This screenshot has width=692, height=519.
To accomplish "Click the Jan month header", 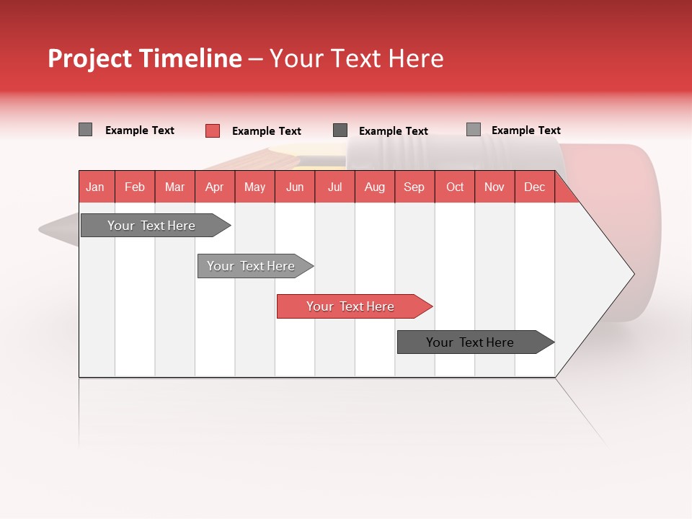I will pos(96,187).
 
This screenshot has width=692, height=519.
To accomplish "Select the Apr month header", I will pos(215,187).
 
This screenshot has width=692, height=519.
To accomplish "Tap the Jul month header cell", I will pos(334,187).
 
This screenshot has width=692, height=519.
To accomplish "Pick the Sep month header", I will pos(414,187).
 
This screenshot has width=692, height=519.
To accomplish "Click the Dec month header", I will pos(534,187).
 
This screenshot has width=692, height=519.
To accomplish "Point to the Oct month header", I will pos(455,187).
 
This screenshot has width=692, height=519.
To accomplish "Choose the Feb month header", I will pos(135,187).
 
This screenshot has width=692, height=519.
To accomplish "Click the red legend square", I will pos(212,130).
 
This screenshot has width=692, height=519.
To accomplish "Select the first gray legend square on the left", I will pos(85,130).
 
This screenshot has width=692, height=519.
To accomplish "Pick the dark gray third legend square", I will pos(340,130).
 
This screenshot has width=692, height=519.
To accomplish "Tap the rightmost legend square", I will pos(473,130).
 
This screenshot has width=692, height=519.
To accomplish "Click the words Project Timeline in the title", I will pos(145,58).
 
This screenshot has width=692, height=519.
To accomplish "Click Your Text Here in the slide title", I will pos(356,58).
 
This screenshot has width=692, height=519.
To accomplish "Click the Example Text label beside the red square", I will pos(267,131).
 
